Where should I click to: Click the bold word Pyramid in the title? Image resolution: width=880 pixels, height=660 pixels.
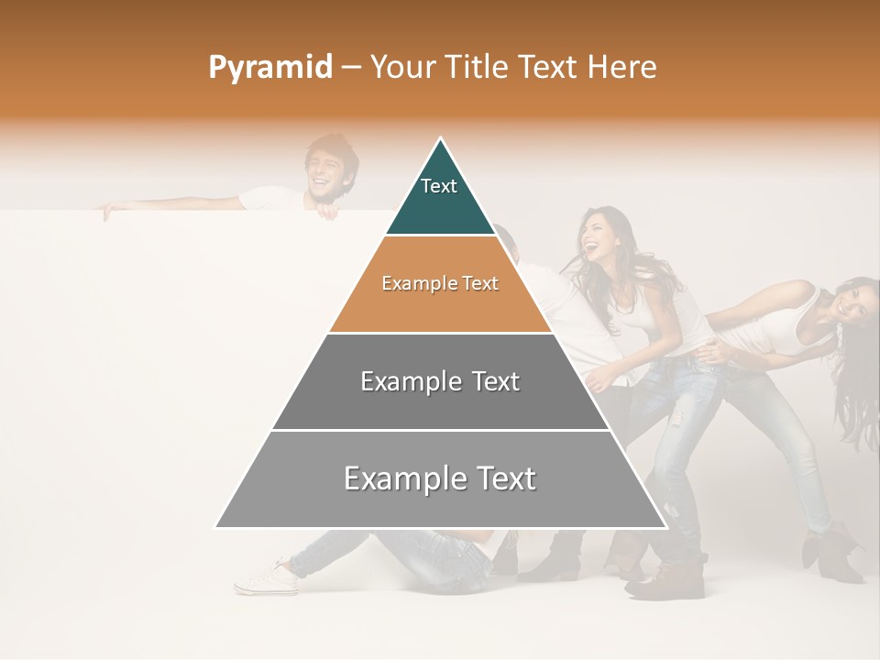coord(270,68)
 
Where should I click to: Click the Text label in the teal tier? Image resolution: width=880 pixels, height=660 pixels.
coord(439,186)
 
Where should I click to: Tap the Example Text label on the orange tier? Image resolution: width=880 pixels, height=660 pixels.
coord(440,283)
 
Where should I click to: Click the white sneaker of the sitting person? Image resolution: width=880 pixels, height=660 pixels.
coord(266,577)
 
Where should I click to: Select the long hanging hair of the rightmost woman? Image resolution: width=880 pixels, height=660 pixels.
coord(857,385)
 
